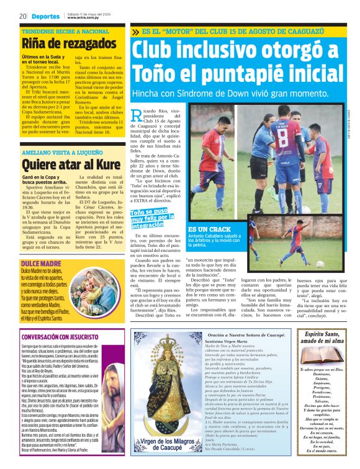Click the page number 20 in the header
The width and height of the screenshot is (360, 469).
(22, 16)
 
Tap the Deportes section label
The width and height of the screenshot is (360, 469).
(47, 16)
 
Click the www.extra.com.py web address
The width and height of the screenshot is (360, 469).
(84, 18)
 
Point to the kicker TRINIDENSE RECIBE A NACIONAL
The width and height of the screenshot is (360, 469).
(65, 30)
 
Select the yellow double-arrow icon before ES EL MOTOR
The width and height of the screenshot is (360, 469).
(136, 31)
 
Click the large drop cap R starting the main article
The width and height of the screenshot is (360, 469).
(137, 114)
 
